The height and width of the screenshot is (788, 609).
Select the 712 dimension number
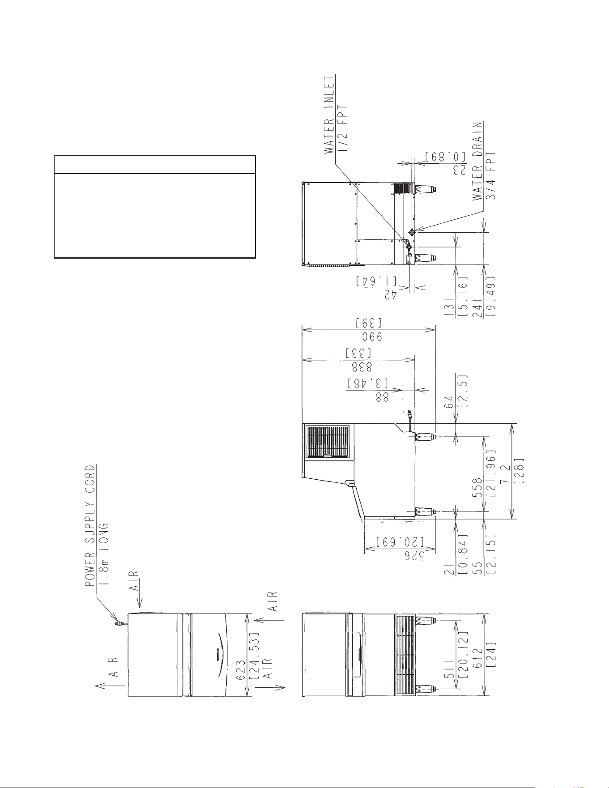coord(504,471)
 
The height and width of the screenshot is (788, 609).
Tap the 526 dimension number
coord(413,555)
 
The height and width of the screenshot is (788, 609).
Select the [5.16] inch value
coord(464,294)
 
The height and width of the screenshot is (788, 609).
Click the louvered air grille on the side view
coord(327,443)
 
